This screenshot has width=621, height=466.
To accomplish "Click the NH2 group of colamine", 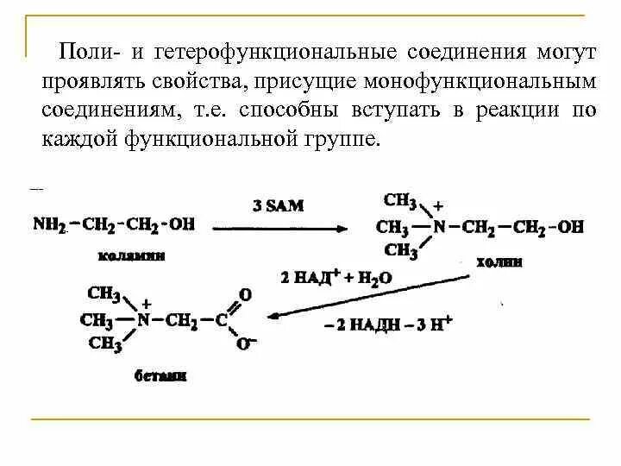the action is coord(49,224).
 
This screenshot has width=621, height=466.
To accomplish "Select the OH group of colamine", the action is coord(182,224).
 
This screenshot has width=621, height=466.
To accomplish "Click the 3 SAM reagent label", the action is coord(278,205).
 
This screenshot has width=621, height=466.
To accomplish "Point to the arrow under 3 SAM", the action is coord(280,228).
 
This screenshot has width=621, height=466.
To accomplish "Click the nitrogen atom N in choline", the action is coord(439,228).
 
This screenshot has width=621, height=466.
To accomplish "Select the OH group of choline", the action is coord(570,228).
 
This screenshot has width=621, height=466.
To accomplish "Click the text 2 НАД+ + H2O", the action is coord(336,278).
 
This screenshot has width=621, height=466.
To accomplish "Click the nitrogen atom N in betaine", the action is coord(144,320).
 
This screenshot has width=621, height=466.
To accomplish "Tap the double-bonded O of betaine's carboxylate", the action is coord(245,294).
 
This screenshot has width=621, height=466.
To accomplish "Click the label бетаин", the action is coord(161,376).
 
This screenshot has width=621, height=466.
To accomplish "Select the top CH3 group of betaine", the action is coord(103,293).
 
